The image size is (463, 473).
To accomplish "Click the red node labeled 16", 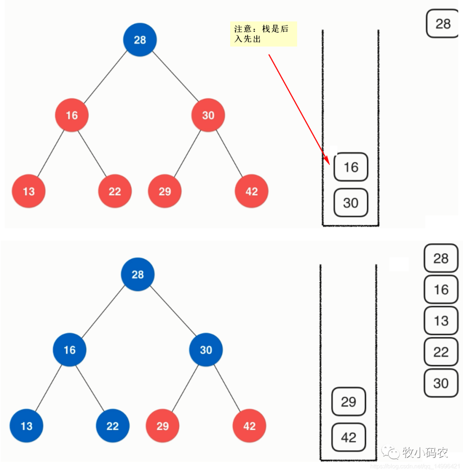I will (72, 115).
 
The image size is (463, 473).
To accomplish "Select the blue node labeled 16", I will (69, 350).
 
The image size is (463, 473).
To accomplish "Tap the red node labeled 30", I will (208, 115).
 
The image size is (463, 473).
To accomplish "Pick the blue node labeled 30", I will (206, 350).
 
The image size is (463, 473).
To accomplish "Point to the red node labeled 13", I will (29, 191).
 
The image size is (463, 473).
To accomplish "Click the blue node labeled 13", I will (27, 426).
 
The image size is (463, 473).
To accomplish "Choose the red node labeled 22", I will (115, 191).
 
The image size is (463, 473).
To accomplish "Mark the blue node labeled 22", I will (112, 426).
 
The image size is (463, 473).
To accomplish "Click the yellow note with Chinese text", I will (263, 34).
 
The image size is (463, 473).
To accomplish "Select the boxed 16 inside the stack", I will (351, 167).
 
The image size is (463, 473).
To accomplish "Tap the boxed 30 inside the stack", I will (351, 202).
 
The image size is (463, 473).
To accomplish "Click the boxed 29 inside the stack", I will (349, 402).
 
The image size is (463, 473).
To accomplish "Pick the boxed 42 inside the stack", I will (349, 437).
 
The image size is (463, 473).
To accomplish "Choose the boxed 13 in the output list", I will (441, 321).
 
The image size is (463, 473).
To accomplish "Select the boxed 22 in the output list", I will (441, 352).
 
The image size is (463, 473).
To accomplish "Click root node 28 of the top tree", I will (140, 40).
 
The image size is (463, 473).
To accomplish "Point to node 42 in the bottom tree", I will (249, 426).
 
